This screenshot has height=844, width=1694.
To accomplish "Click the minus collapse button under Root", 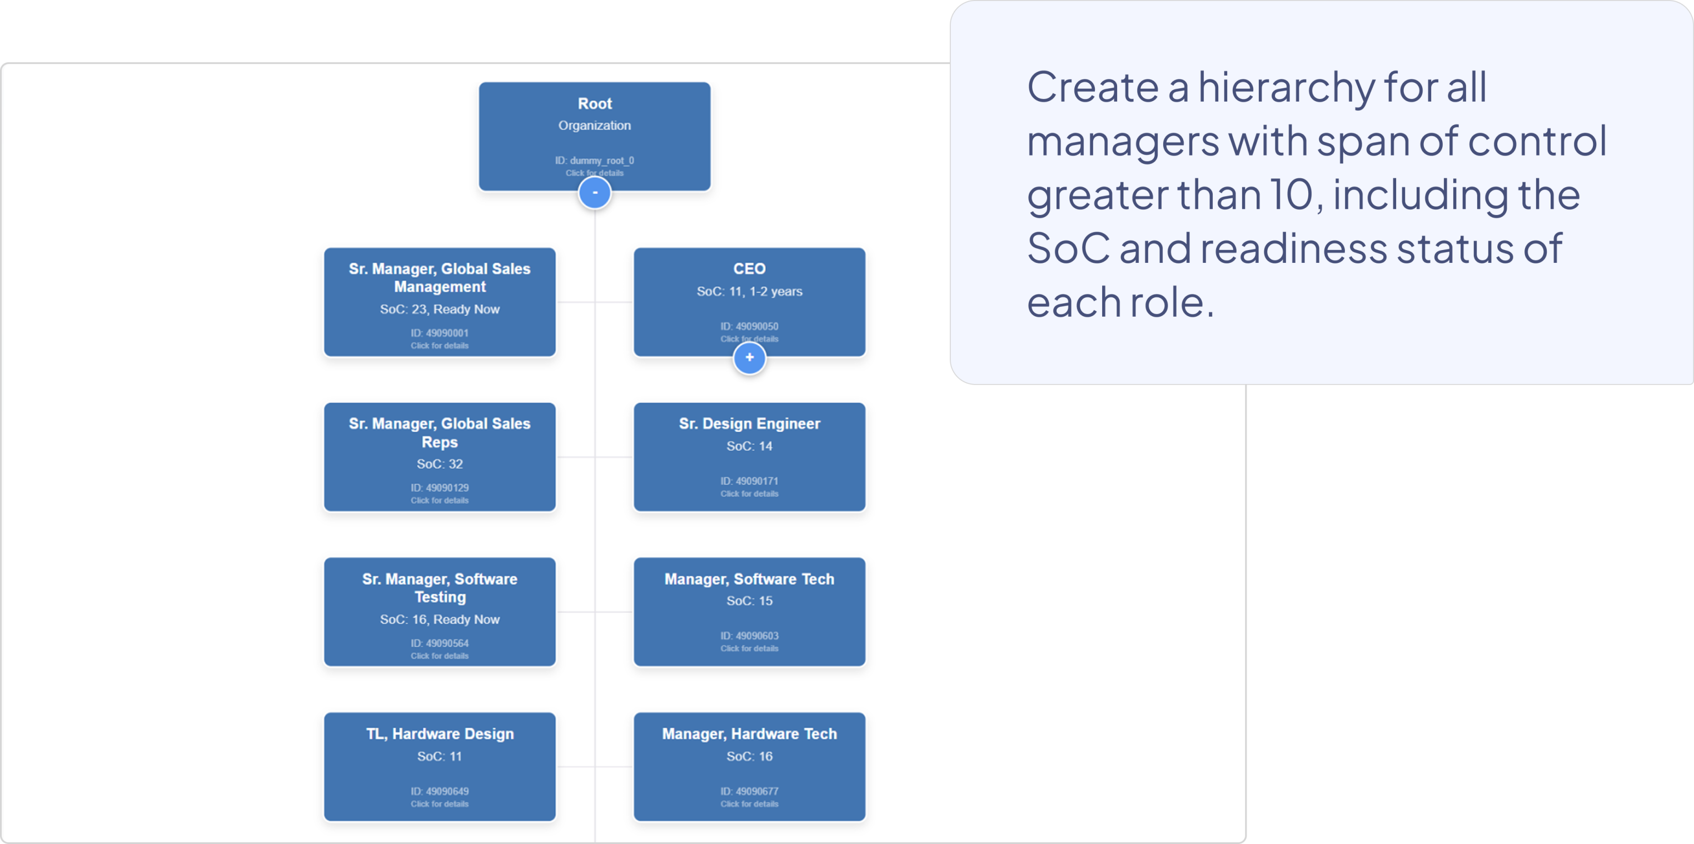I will click(x=595, y=193).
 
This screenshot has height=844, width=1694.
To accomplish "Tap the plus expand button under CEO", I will click(x=749, y=358).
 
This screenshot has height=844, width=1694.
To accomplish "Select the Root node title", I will click(x=595, y=104).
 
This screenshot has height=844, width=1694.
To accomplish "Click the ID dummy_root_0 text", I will click(x=595, y=161).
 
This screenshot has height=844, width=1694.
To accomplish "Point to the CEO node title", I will click(x=749, y=269).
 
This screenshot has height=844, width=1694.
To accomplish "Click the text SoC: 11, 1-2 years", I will click(x=749, y=291).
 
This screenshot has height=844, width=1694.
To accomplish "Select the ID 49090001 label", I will click(x=439, y=333).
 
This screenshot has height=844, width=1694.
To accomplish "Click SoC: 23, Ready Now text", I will click(x=439, y=309).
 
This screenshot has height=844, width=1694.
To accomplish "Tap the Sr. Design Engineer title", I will click(x=749, y=424).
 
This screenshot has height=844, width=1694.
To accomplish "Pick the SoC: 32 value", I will click(x=439, y=464).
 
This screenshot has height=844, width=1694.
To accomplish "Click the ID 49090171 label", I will click(x=749, y=481).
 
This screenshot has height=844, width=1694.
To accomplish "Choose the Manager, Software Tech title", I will click(x=749, y=579).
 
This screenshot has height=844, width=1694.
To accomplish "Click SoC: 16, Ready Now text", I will click(x=439, y=619).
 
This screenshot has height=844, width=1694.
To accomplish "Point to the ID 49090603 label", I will click(x=749, y=636).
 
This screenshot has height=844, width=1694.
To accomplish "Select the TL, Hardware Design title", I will click(x=439, y=733).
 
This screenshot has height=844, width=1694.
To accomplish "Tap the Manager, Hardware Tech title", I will click(x=749, y=733).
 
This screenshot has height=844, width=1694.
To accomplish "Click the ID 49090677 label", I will click(x=749, y=791).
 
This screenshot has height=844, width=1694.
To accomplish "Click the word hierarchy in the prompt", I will click(x=1286, y=87).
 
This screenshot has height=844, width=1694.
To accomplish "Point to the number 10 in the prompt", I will click(x=1296, y=195).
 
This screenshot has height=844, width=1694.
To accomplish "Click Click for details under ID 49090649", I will click(x=439, y=804).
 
